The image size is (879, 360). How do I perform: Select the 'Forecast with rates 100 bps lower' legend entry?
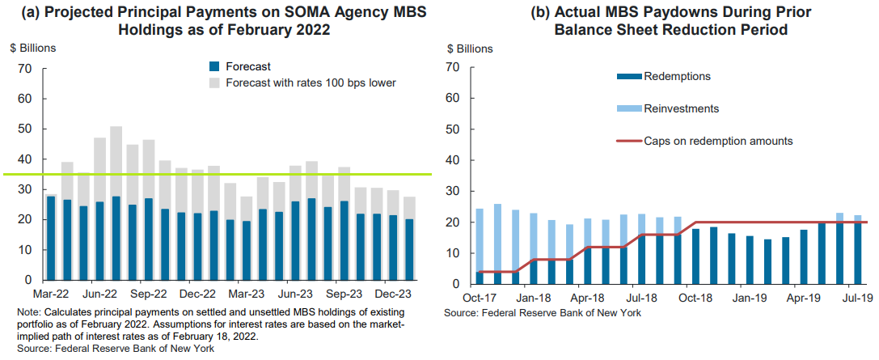tap(311, 83)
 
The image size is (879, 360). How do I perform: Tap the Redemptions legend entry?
tap(676, 77)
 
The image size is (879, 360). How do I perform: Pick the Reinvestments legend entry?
tap(681, 108)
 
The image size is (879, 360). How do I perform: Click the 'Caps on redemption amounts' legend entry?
tap(717, 141)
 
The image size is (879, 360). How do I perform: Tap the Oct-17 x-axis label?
tap(480, 299)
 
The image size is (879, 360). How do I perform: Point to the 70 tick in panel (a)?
tap(24, 69)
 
